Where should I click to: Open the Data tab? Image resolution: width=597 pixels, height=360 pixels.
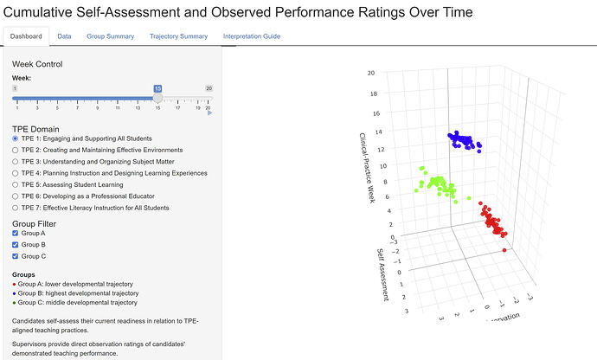tap(64, 36)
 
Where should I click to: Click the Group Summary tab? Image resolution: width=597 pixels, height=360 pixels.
tap(111, 36)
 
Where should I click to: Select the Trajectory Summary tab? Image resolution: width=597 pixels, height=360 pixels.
tap(178, 36)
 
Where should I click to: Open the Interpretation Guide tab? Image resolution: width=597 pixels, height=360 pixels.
tap(252, 36)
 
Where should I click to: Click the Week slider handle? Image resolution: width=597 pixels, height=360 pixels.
tap(157, 98)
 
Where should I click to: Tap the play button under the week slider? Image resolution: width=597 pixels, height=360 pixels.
tap(209, 112)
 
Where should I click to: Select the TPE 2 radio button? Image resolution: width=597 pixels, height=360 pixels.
tap(16, 150)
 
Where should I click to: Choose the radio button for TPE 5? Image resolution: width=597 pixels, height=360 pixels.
tap(16, 185)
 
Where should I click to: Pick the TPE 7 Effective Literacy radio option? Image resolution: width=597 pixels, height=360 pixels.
tap(16, 208)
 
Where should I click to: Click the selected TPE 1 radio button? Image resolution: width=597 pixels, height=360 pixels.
tap(16, 138)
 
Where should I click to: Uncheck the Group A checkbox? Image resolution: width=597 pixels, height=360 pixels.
tap(16, 233)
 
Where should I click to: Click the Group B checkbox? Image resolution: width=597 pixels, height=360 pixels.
tap(16, 245)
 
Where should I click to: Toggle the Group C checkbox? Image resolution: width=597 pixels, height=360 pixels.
tap(16, 256)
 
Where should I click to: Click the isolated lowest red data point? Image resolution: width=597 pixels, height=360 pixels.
tap(504, 250)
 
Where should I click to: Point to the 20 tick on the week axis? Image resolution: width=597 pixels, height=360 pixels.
tap(371, 73)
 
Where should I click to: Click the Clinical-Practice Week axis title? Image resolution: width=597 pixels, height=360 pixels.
tap(368, 168)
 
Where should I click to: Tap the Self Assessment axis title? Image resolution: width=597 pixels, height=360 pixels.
tap(382, 274)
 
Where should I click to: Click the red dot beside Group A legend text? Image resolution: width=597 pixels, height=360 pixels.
tap(14, 284)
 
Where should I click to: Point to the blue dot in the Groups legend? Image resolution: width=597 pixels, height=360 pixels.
tap(14, 293)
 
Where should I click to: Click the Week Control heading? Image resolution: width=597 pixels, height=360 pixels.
tap(37, 64)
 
